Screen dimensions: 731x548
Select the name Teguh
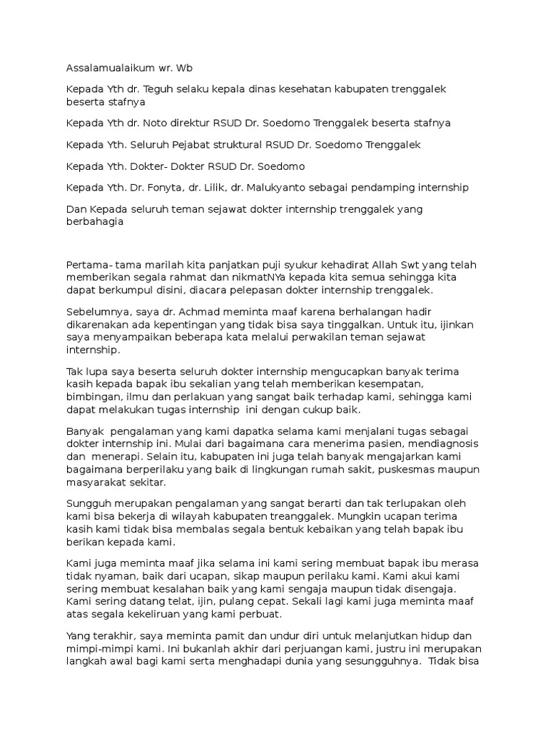click(158, 89)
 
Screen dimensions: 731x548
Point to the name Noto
click(157, 123)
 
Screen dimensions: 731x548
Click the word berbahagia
click(95, 221)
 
